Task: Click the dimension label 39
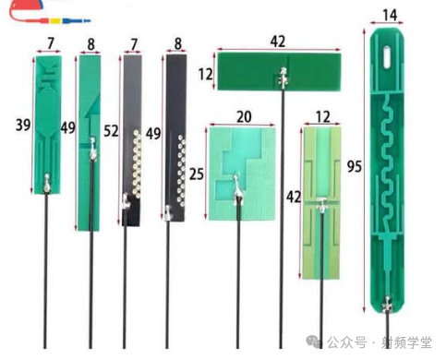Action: (x=23, y=125)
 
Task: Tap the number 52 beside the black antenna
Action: (x=111, y=131)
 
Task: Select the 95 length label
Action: (x=355, y=166)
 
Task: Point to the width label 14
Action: (x=390, y=15)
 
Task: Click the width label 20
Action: (x=244, y=117)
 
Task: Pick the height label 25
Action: (x=197, y=174)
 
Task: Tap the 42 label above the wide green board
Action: (x=278, y=42)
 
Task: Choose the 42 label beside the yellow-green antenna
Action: (x=294, y=197)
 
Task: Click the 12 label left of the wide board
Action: (x=205, y=75)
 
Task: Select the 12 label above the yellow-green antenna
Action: (x=323, y=117)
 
